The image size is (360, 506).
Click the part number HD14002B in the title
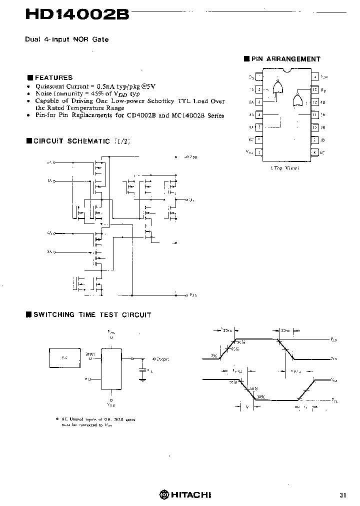(77, 15)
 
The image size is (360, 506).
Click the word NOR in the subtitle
(80, 39)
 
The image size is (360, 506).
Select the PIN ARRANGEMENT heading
(285, 59)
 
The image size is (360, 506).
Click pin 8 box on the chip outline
(314, 152)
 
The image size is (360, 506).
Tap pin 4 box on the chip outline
(259, 114)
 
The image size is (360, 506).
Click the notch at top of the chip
(287, 69)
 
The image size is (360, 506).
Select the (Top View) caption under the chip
(285, 168)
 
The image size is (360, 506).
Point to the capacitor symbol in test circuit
(143, 371)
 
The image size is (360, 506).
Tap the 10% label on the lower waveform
(260, 397)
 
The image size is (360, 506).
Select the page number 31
(343, 495)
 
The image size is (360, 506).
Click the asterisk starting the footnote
(57, 418)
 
